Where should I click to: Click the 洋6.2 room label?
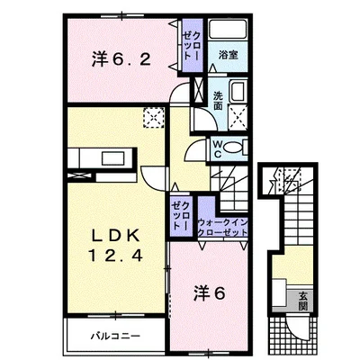point(121,59)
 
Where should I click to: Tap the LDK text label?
point(116,236)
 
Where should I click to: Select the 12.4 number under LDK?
point(115,256)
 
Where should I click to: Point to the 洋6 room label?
point(209,293)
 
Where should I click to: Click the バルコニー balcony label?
point(115,336)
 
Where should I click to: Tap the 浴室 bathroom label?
point(229,55)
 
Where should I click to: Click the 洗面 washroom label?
point(218,101)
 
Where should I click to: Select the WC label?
point(218,149)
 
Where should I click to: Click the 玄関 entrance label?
point(303,301)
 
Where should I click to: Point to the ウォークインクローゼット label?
point(223,228)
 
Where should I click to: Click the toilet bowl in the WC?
point(233,148)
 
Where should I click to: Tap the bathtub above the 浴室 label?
point(228,30)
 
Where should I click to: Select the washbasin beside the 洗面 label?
point(238,92)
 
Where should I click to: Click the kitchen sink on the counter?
point(113,158)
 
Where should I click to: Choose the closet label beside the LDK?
point(180,216)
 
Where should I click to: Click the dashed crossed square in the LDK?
point(154,118)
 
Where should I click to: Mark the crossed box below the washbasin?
point(238,117)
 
